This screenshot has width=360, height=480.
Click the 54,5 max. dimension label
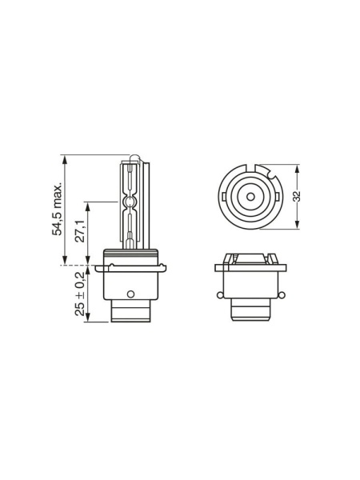(x=57, y=210)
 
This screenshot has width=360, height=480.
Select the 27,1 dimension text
(x=80, y=231)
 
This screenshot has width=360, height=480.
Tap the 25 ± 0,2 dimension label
(x=80, y=294)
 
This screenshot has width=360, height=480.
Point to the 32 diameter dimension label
(x=297, y=196)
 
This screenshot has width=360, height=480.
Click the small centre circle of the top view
(x=250, y=197)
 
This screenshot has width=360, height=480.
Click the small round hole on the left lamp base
(x=130, y=294)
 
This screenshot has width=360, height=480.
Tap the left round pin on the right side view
(x=219, y=295)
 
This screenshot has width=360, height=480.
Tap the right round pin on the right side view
(x=282, y=295)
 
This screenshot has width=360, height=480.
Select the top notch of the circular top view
(x=251, y=168)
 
